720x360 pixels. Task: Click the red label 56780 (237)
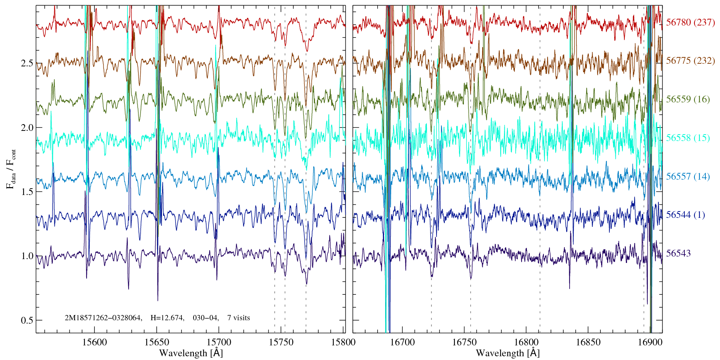(690, 22)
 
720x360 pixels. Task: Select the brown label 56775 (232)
(690, 61)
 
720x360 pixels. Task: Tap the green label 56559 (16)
(688, 99)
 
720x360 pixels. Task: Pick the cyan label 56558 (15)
(688, 138)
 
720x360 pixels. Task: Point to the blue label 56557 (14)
(688, 177)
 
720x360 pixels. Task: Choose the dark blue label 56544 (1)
(685, 215)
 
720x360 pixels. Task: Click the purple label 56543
(678, 253)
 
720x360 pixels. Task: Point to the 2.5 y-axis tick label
(27, 63)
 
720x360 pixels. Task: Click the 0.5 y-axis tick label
(27, 321)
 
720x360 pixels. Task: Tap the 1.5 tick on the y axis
(27, 192)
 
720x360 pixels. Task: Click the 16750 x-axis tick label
(464, 342)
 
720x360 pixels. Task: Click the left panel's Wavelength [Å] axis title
(191, 353)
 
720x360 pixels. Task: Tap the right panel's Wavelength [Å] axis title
(508, 353)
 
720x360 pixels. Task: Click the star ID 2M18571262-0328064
(103, 318)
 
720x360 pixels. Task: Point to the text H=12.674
(167, 318)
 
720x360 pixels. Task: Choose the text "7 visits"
(238, 318)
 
